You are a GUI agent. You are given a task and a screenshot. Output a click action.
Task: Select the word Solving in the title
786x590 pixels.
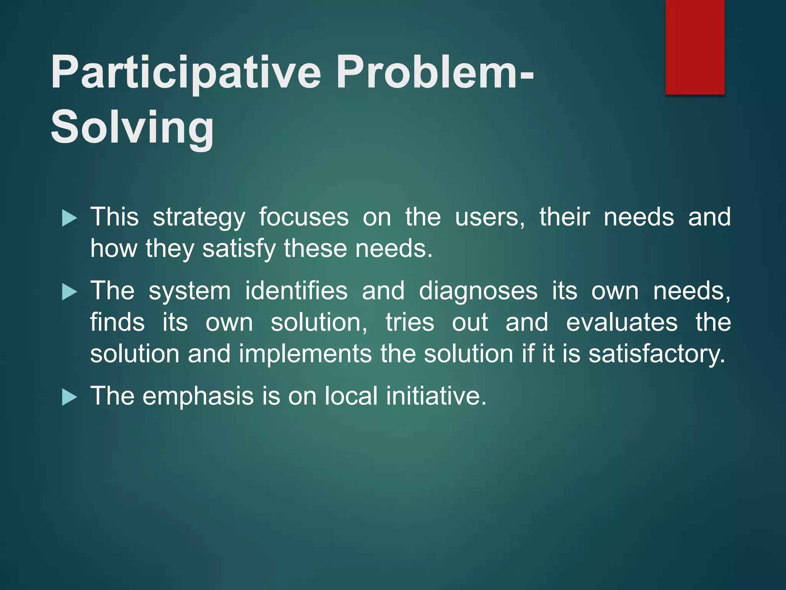[132, 128]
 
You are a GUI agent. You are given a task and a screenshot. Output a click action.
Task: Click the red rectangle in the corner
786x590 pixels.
[695, 47]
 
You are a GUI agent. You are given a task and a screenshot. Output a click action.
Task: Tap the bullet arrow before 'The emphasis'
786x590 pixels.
[69, 397]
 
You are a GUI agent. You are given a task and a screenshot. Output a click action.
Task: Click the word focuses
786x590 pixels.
[304, 217]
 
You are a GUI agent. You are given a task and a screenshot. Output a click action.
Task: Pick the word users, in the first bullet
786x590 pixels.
[490, 217]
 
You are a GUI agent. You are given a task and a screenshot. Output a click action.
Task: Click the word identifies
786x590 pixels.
[296, 291]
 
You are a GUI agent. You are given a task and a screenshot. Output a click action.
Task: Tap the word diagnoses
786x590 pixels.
[478, 291]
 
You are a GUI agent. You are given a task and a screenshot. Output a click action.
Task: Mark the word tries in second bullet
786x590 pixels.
[410, 322]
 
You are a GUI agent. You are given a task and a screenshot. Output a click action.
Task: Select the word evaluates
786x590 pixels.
[622, 322]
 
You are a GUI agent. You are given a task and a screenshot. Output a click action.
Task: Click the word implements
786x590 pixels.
[305, 354]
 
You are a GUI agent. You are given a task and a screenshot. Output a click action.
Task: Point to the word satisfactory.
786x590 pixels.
[657, 354]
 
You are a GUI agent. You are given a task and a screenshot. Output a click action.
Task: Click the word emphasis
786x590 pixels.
[198, 396]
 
